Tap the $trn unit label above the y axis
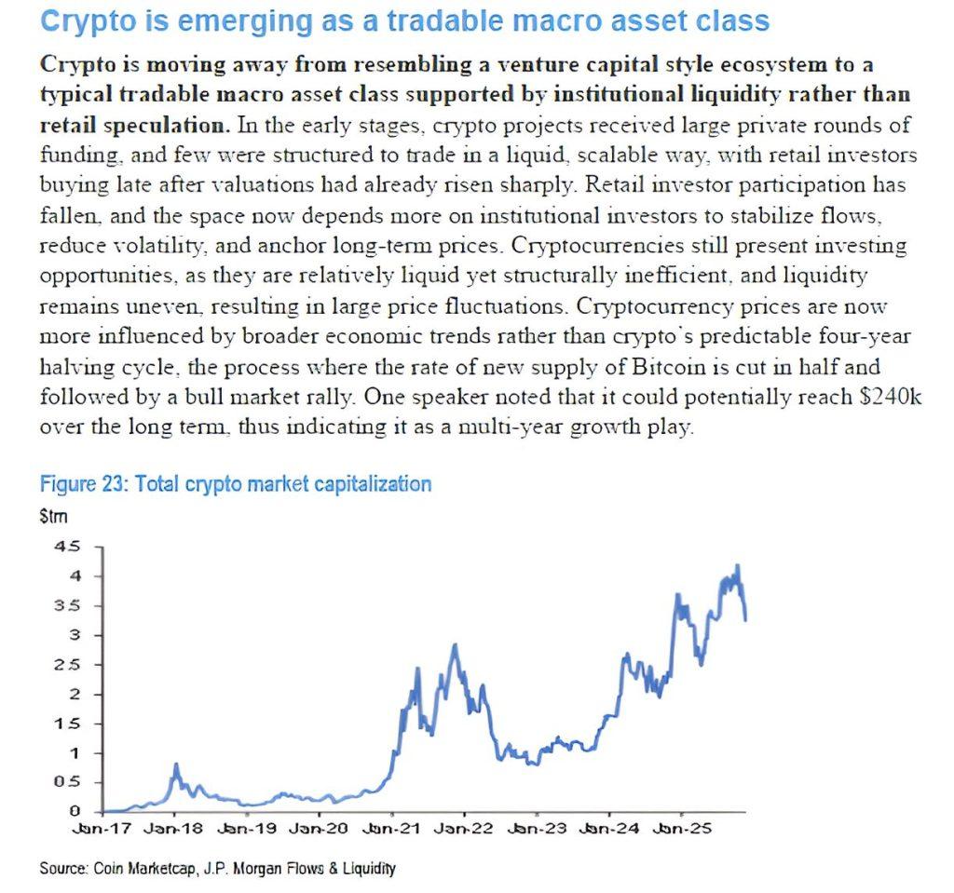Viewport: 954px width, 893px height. pyautogui.click(x=54, y=515)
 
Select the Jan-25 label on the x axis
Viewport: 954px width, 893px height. pyautogui.click(x=684, y=828)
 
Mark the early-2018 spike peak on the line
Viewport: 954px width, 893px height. pyautogui.click(x=175, y=764)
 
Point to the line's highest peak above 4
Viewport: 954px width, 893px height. pyautogui.click(x=738, y=565)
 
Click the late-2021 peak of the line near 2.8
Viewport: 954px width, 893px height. pyautogui.click(x=454, y=644)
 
